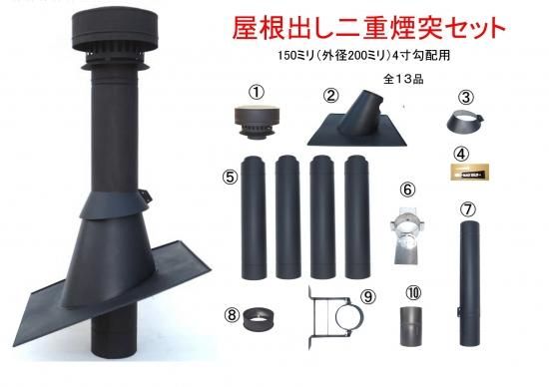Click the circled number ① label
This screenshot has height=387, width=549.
point(257,92)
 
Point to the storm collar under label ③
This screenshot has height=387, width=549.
point(465,122)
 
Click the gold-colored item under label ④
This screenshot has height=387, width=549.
point(469,172)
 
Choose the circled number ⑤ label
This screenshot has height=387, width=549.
point(230,178)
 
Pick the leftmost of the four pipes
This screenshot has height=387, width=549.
point(254,217)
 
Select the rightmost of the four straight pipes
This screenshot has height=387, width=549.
point(357,217)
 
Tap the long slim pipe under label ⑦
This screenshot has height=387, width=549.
point(469,283)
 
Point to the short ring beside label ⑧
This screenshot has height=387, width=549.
point(259,318)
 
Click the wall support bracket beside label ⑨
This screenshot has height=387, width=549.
point(334,317)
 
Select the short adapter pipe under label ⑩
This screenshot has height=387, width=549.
point(411,326)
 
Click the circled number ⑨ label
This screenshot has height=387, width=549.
point(368,296)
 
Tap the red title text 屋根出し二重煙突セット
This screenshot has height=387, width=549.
point(369,28)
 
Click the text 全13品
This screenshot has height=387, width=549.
point(403,80)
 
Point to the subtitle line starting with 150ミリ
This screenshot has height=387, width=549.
point(363,56)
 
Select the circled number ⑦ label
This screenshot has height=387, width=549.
point(468,209)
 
